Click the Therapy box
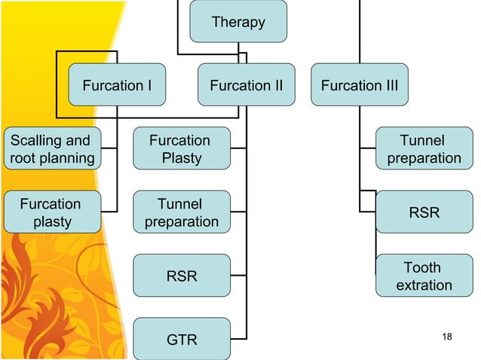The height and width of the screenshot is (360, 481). [238, 21]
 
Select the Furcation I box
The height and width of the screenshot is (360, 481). [117, 85]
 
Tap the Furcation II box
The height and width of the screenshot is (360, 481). [247, 85]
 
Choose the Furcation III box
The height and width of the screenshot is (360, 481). [360, 85]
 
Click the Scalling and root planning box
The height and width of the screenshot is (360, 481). [51, 149]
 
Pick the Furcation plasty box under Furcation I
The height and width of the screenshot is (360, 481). [51, 212]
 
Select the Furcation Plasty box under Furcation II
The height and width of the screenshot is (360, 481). [181, 149]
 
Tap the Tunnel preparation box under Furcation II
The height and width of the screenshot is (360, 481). [181, 212]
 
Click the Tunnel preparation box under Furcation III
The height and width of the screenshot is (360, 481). [424, 149]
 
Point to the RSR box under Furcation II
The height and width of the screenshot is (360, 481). [181, 276]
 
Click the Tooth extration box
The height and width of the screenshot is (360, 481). [424, 276]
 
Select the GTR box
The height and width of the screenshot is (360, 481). [181, 340]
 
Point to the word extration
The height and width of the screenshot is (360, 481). [424, 285]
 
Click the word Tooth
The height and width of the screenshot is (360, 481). [423, 267]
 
